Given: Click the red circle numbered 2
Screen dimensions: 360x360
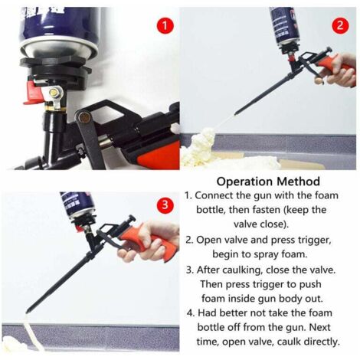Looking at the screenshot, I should pyautogui.click(x=340, y=25).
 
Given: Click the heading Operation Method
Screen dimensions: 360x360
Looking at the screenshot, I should pyautogui.click(x=267, y=182).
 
